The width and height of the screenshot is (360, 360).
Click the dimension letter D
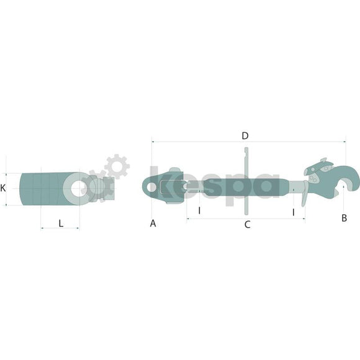[x=245, y=136]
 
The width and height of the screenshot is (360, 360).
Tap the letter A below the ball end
[x=153, y=223]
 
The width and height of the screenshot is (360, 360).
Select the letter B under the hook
[x=344, y=218]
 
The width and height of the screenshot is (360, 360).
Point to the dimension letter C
[x=247, y=225]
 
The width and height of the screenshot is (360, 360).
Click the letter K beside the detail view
[x=2, y=188]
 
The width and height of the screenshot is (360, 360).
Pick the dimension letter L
[x=61, y=223]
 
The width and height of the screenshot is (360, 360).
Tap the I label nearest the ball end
[x=199, y=210]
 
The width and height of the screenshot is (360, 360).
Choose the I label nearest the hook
[x=293, y=212]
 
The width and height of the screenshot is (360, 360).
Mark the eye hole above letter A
[x=151, y=187]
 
